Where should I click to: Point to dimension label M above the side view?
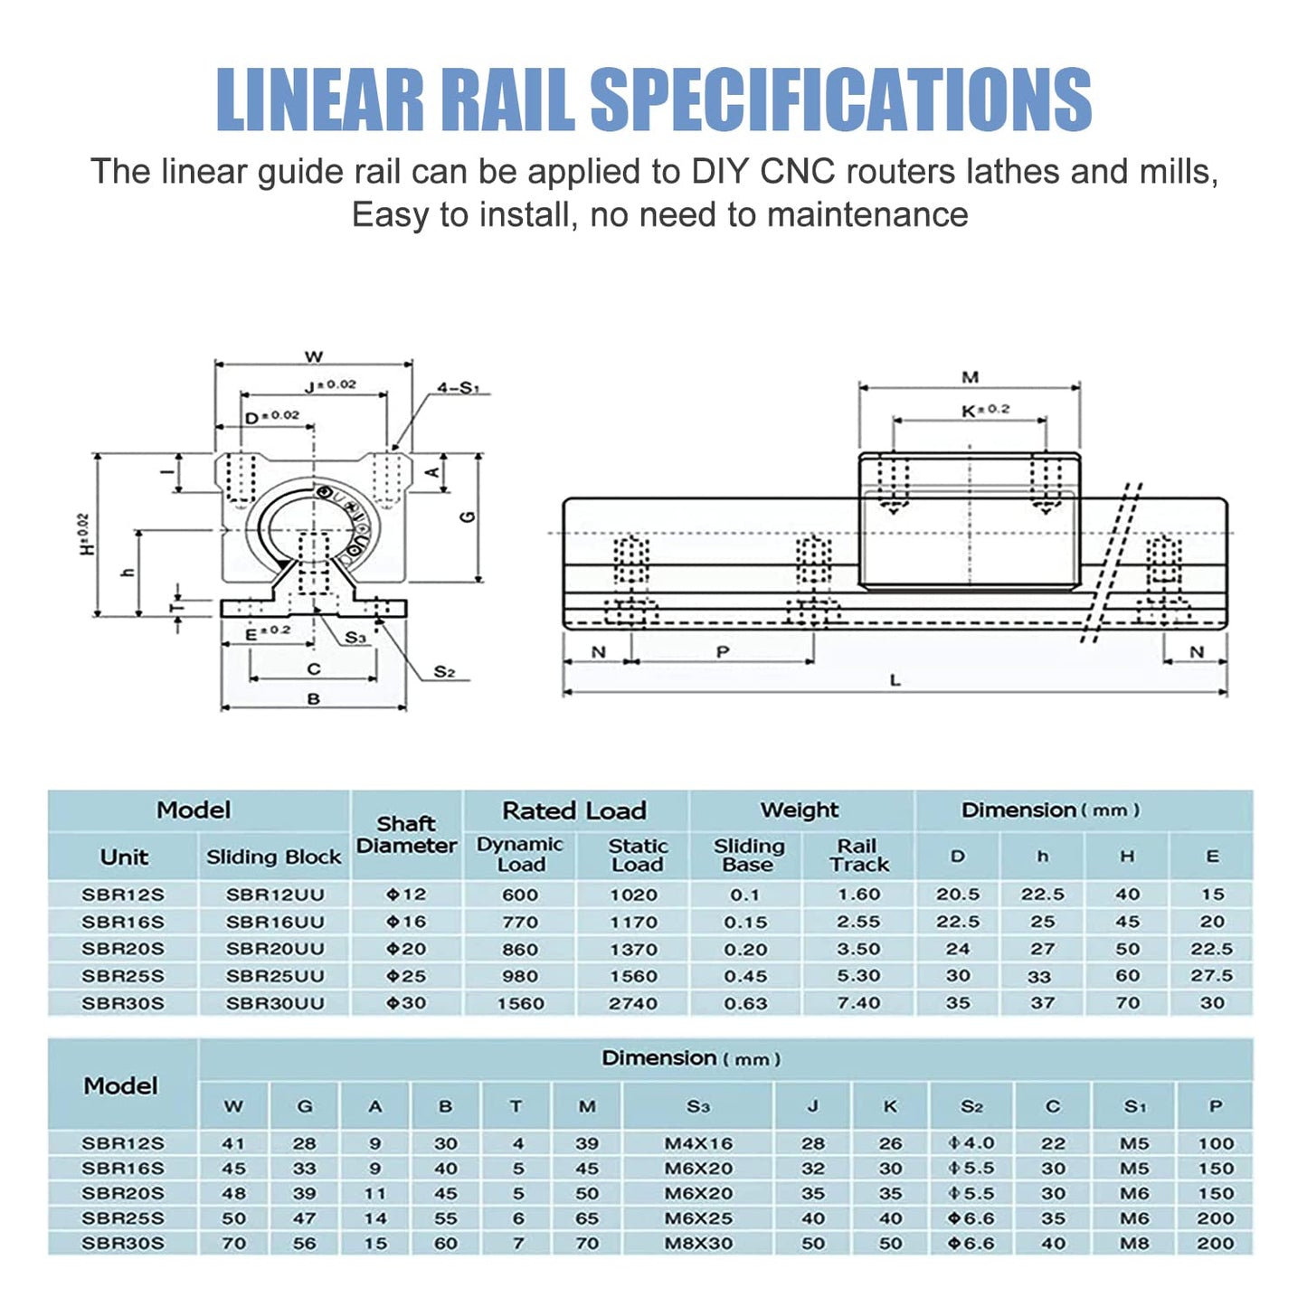click(970, 377)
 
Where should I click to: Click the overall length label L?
click(895, 680)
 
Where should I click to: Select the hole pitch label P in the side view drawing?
click(722, 652)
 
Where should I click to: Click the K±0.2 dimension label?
click(985, 410)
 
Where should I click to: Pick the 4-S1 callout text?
click(458, 388)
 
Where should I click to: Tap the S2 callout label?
click(444, 671)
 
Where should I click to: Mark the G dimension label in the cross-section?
click(468, 516)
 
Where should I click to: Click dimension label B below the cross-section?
click(313, 699)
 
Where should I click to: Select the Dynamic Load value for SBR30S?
click(520, 1003)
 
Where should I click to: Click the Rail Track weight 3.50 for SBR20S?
click(858, 949)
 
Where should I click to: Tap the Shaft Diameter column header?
click(406, 835)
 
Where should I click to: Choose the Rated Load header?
click(574, 810)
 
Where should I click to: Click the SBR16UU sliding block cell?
click(274, 922)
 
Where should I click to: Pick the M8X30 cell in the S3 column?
click(698, 1244)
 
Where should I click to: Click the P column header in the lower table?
click(1215, 1106)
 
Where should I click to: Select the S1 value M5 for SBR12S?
click(1134, 1143)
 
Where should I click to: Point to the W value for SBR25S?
click(233, 1218)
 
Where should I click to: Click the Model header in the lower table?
click(121, 1085)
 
